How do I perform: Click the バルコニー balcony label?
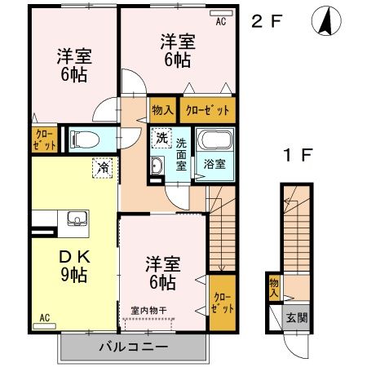coord(134,347)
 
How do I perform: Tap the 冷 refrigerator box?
coord(104,166)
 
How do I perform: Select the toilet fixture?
coord(83,139)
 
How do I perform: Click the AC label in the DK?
coord(44,318)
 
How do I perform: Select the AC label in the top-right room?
coord(220,23)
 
